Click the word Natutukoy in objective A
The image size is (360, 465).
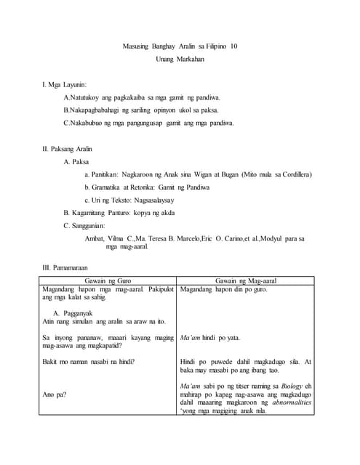(84, 97)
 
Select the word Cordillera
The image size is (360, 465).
(296, 174)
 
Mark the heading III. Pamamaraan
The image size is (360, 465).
(71, 267)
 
